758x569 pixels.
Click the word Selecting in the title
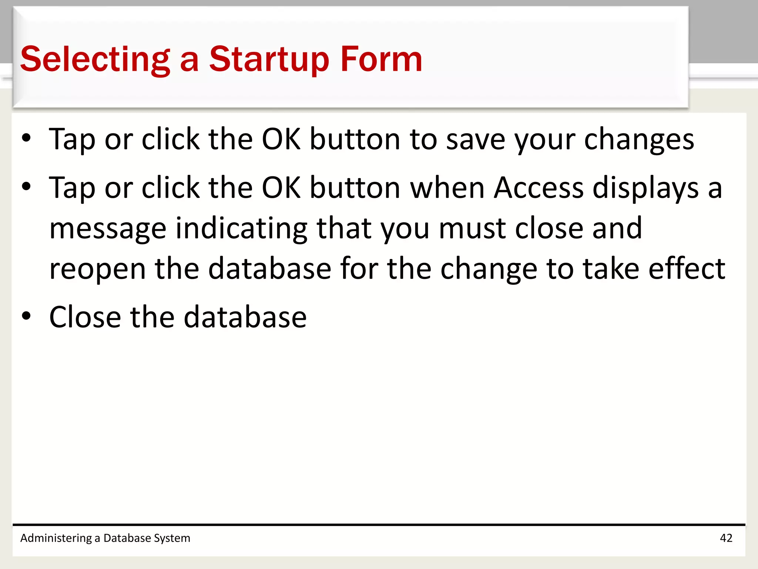pos(95,59)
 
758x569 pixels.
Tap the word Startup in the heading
pos(269,59)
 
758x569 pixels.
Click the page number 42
pos(726,538)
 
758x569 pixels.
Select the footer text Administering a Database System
pos(105,538)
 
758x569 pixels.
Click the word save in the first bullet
pos(476,140)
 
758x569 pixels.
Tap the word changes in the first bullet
pos(639,140)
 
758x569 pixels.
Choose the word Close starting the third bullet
pos(85,317)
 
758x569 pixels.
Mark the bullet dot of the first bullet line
pos(26,138)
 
